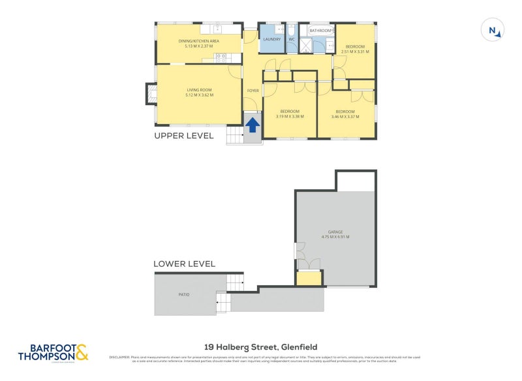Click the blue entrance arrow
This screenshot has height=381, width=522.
253,123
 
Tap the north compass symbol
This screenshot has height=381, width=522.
493,31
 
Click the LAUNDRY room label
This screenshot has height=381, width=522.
272,39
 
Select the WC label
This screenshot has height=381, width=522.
292,39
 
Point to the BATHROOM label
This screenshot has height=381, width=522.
320,31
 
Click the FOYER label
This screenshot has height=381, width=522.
253,90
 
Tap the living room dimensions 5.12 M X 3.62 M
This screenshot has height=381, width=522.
200,95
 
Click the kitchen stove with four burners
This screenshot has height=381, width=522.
221,57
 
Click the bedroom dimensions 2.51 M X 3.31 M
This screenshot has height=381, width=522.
355,52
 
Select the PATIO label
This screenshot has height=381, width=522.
184,295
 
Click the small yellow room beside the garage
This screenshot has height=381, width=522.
309,279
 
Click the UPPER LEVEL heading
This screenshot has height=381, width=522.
183,136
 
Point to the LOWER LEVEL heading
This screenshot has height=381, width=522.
184,264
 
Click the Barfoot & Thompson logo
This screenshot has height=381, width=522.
52,352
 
